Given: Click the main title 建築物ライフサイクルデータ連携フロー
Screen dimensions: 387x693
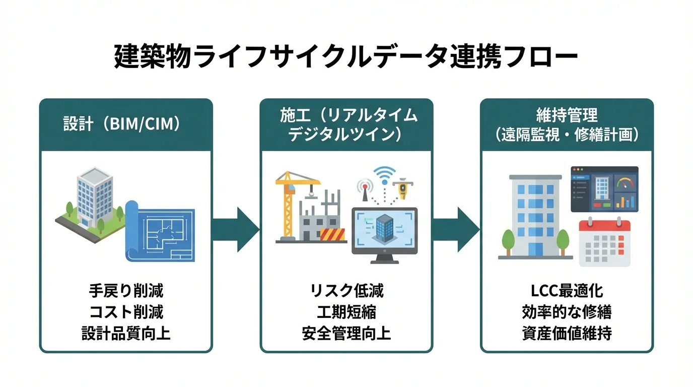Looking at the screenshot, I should tap(346, 57).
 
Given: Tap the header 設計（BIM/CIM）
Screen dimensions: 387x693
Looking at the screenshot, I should tap(121, 124).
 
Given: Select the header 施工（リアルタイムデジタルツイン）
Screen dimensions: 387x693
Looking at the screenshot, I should tap(346, 124).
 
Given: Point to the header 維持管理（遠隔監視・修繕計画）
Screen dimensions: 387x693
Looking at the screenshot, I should tap(567, 124).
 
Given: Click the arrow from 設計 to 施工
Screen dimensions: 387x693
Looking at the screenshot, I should tap(236, 229).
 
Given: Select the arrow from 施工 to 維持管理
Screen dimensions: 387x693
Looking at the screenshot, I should tap(456, 229).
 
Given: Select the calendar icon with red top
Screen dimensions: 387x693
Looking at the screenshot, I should tap(604, 243).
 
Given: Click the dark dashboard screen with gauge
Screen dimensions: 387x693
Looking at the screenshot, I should tap(604, 189).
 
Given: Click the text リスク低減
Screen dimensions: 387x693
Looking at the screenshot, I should tap(346, 291).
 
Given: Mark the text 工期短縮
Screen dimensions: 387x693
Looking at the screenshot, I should tap(346, 312).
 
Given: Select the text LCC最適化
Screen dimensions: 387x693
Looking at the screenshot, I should tap(567, 291).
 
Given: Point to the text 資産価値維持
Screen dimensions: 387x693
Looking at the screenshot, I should tap(567, 334).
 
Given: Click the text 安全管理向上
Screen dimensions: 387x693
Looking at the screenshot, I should tap(346, 334).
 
